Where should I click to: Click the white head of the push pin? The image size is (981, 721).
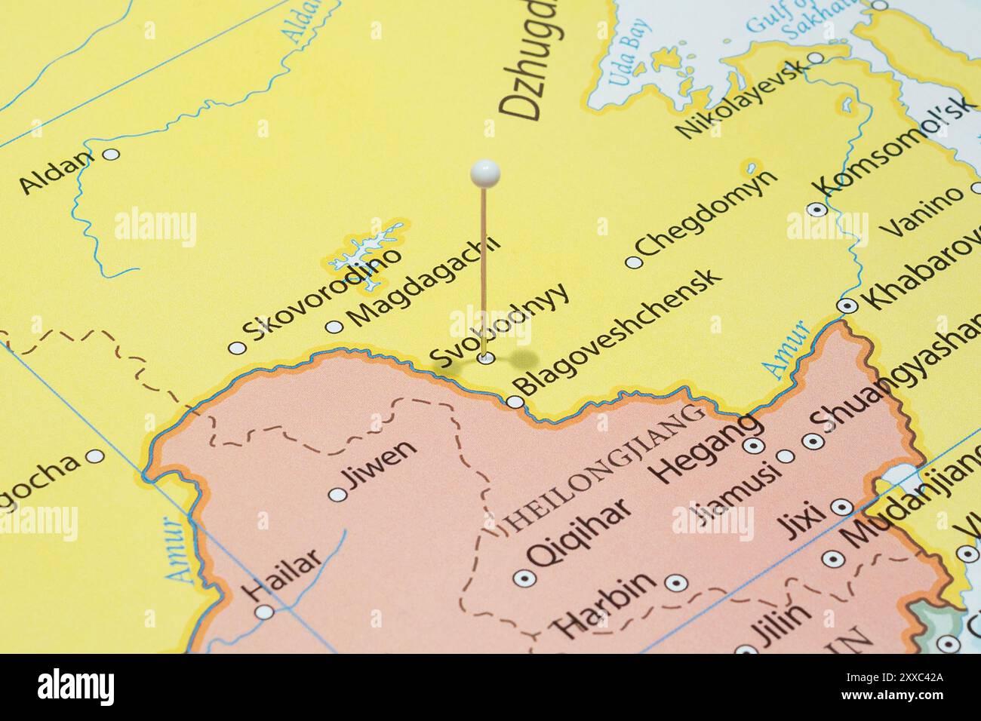(x=484, y=173)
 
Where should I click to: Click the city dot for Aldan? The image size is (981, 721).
(x=111, y=154)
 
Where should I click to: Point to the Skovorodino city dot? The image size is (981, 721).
(x=237, y=348)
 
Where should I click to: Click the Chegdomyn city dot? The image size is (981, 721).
(x=633, y=262)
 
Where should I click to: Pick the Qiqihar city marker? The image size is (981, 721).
(x=521, y=578)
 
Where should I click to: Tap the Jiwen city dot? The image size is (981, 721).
(x=338, y=495)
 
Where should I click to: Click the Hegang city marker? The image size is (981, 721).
(x=752, y=446)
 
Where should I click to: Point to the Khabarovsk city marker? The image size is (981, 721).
(x=847, y=305)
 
